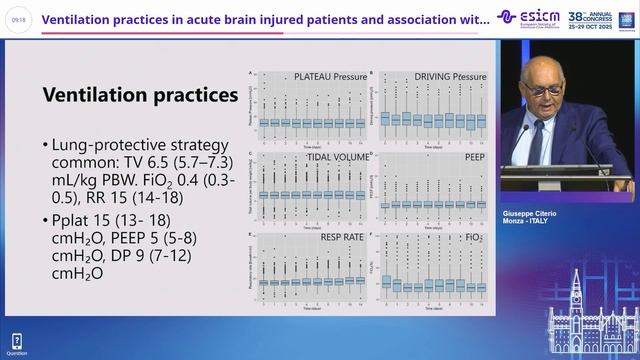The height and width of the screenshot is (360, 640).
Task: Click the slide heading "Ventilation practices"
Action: click(132, 95)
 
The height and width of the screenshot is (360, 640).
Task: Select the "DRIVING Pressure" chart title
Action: click(436, 76)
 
